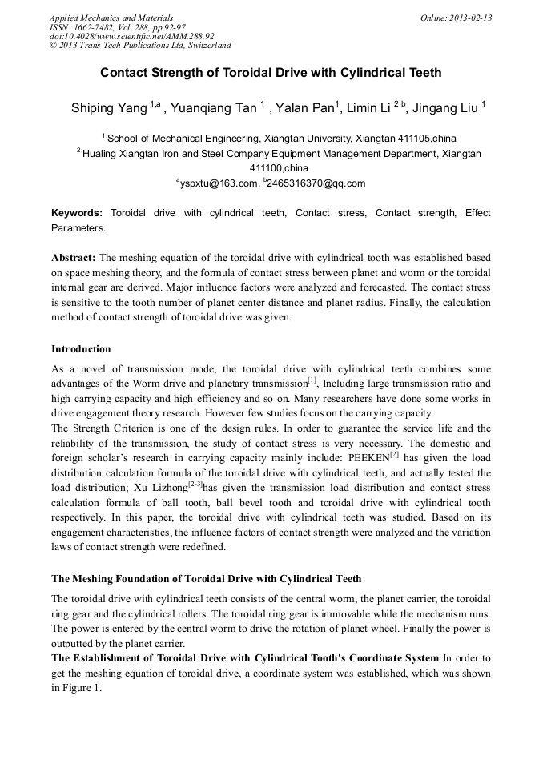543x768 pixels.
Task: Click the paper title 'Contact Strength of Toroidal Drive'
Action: pyautogui.click(x=271, y=73)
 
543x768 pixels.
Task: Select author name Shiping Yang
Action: pyautogui.click(x=109, y=107)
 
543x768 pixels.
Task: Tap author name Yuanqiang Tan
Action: pyautogui.click(x=215, y=107)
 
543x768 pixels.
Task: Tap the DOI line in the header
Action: pyautogui.click(x=131, y=36)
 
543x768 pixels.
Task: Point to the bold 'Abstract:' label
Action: pyautogui.click(x=74, y=259)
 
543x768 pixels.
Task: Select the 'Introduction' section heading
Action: pyautogui.click(x=81, y=349)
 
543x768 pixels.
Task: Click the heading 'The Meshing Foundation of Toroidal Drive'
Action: pyautogui.click(x=206, y=578)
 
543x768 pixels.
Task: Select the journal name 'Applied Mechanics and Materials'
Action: pyautogui.click(x=111, y=18)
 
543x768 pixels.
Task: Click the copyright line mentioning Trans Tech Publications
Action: pyautogui.click(x=140, y=46)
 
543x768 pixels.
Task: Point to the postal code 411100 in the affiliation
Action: pyautogui.click(x=267, y=168)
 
